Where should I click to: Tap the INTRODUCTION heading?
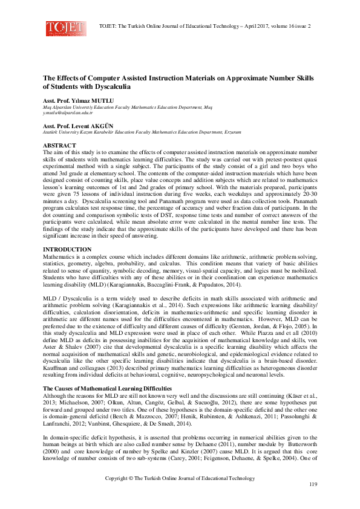point(67,249)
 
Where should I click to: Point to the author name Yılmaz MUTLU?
point(90,99)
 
